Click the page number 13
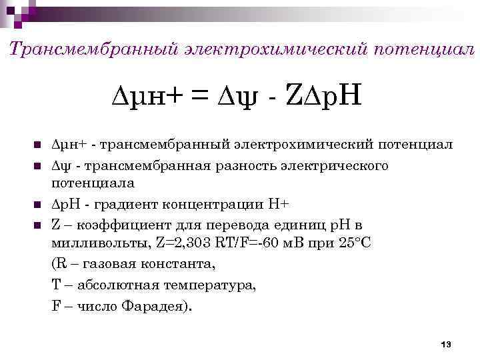point(446,344)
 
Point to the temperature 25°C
point(355,243)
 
